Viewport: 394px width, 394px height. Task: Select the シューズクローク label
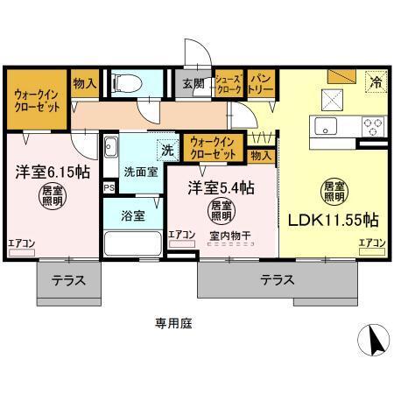click(229, 84)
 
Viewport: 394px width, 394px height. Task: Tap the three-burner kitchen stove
click(374, 125)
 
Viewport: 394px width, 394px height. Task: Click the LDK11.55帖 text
click(334, 219)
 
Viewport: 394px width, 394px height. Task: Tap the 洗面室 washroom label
click(140, 172)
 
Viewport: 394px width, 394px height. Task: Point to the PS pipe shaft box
click(109, 187)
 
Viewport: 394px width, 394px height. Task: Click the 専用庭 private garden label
click(174, 322)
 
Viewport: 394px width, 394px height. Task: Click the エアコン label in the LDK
click(371, 243)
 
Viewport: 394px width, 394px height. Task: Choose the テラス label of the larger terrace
click(278, 280)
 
